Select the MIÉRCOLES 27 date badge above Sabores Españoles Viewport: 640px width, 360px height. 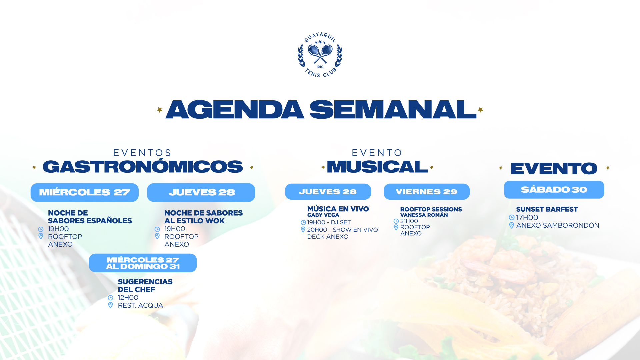pos(85,192)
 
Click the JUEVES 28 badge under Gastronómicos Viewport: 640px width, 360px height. pos(201,192)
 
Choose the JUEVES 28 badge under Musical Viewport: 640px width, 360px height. pos(328,192)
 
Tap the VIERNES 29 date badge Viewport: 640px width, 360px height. pos(427,192)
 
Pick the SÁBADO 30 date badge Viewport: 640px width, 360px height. pos(554,190)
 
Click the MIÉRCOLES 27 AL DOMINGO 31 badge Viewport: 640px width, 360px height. pos(143,263)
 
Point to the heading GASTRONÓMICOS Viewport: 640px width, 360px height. pos(143,167)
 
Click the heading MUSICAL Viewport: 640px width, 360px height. pos(377,167)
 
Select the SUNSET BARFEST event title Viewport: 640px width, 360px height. pos(547,209)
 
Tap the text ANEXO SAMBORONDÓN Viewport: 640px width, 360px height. pos(558,225)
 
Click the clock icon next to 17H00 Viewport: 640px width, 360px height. pos(512,217)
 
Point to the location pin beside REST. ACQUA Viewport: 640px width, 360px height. pos(111,305)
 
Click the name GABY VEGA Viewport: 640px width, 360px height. pos(323,215)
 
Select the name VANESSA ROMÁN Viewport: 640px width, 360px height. pos(424,215)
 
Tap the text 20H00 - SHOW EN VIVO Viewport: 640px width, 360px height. pos(342,230)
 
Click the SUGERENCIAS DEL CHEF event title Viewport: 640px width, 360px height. pos(145,286)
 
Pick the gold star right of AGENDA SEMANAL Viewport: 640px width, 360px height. pos(480,110)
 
